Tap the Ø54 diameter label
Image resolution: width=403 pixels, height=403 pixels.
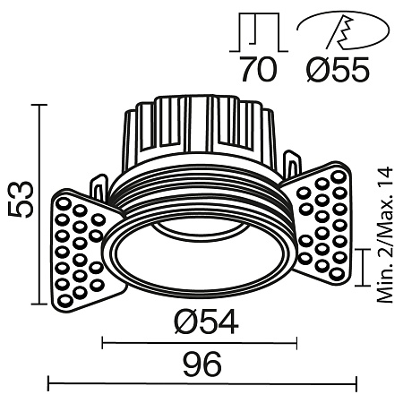pos(201,322)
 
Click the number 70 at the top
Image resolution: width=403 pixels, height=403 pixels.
pos(259,71)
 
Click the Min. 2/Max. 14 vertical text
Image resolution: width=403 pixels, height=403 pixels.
pos(386,234)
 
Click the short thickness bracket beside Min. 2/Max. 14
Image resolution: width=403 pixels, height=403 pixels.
pos(362,268)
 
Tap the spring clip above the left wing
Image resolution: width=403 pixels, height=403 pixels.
pos(98,184)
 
